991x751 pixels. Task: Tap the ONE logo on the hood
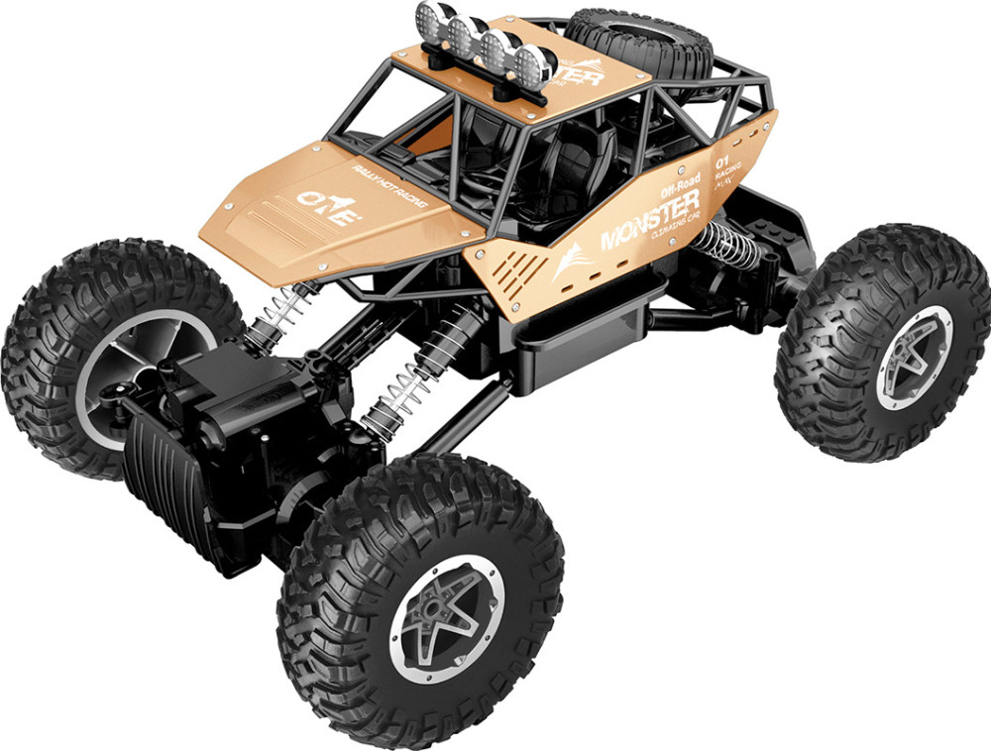coord(325,207)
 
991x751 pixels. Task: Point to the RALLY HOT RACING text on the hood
coord(388,186)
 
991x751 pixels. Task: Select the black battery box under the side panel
coord(585,327)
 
